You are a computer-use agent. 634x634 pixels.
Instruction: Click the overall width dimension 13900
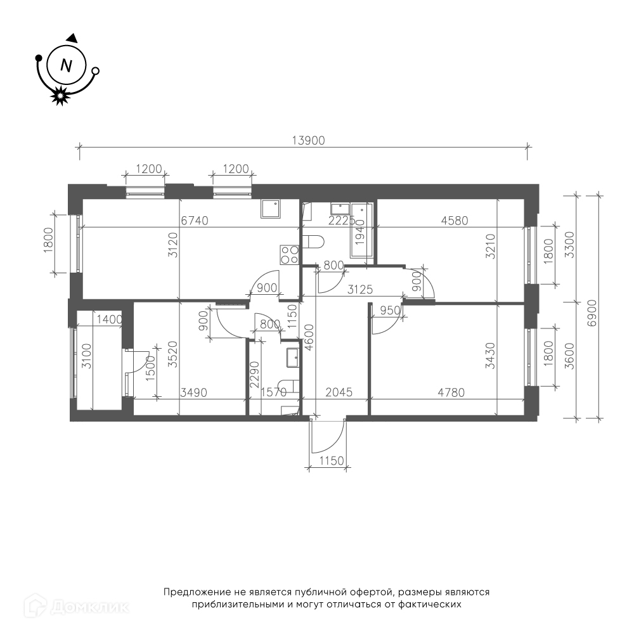coord(309,140)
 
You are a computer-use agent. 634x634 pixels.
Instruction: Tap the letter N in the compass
coord(66,65)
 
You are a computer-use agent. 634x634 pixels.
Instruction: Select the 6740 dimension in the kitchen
coord(195,221)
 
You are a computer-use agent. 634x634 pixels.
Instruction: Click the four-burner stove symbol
coord(289,255)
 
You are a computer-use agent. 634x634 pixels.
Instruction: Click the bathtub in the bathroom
coord(362,231)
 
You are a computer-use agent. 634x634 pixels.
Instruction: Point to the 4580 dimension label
coord(455,221)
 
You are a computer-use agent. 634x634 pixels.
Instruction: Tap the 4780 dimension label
coord(451,392)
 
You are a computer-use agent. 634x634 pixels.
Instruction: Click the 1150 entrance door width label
coord(332,460)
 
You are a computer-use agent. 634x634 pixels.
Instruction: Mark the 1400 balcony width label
coord(110,320)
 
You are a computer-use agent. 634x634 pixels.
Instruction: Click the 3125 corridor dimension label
coord(360,290)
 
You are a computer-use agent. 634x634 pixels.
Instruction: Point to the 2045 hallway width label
coord(339,392)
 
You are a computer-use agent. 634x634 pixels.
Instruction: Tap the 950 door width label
coord(390,311)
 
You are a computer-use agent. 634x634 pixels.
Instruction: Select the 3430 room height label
coord(490,356)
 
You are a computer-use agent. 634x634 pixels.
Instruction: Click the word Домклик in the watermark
coord(91,607)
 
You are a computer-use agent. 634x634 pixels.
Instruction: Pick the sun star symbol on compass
coord(60,96)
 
